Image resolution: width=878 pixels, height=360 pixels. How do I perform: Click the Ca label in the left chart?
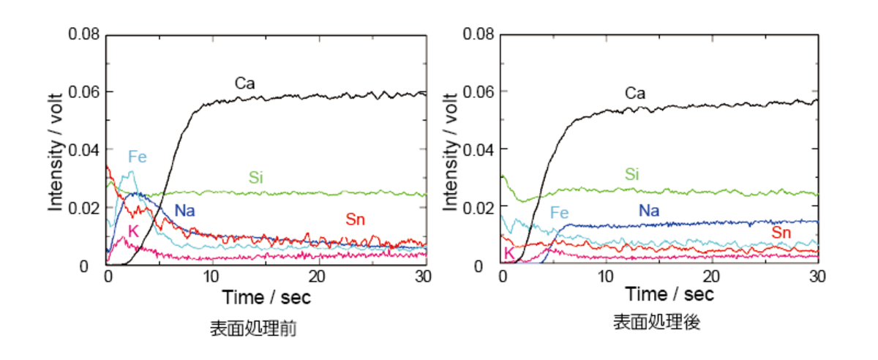pos(244,83)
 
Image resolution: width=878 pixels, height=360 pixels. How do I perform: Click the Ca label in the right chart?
pos(635,93)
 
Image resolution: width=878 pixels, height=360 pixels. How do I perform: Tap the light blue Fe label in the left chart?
pos(138,156)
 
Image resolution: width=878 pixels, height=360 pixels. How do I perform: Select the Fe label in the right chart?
pos(560,213)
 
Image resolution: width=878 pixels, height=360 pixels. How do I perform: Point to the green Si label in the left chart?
pos(256,177)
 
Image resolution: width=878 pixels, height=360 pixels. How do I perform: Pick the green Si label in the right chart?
pos(633,174)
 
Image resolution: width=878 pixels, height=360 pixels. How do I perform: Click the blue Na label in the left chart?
pos(184,211)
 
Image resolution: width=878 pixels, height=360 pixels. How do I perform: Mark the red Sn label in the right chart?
pos(782,233)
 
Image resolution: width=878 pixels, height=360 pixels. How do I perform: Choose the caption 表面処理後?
pos(657,322)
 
